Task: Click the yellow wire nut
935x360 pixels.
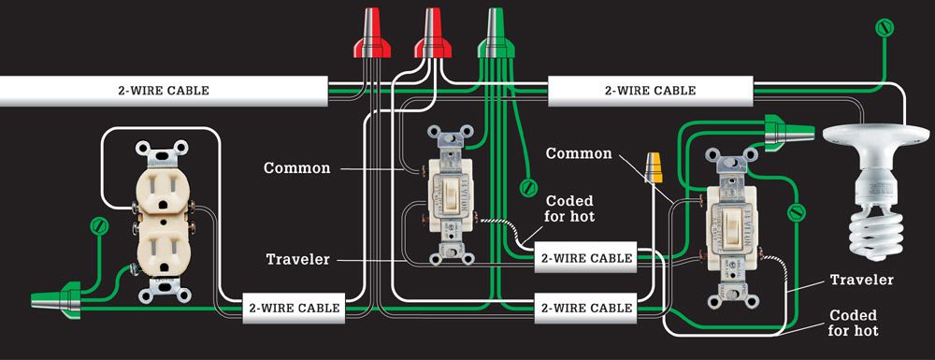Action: [x=654, y=167]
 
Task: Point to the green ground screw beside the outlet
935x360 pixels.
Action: [x=98, y=226]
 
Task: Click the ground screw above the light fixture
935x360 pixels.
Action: [x=885, y=28]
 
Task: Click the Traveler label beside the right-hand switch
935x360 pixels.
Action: [x=862, y=281]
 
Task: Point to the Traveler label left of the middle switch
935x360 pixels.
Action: [x=297, y=259]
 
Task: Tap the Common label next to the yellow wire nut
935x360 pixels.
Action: [x=579, y=153]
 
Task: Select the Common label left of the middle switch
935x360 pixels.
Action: [x=297, y=168]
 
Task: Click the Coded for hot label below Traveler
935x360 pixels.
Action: [x=855, y=323]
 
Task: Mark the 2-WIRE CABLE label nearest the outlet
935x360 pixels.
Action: [x=294, y=309]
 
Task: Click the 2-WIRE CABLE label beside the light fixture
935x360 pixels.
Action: [x=650, y=91]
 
